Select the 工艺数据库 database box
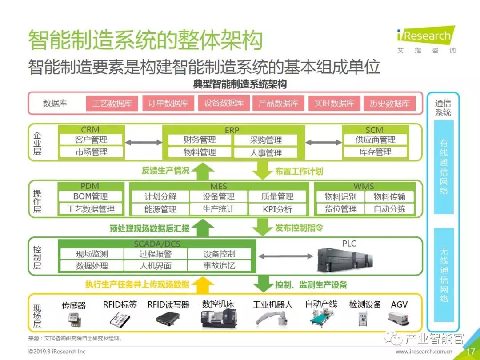click(x=112, y=104)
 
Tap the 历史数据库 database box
click(x=389, y=104)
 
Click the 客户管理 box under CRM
click(x=91, y=140)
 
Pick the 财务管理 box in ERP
click(x=200, y=140)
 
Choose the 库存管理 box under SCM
click(x=375, y=152)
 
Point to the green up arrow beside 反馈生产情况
click(x=202, y=170)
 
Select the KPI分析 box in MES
click(x=277, y=209)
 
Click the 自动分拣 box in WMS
click(x=389, y=209)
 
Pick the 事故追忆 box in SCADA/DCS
click(x=219, y=266)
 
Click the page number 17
click(x=470, y=352)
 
